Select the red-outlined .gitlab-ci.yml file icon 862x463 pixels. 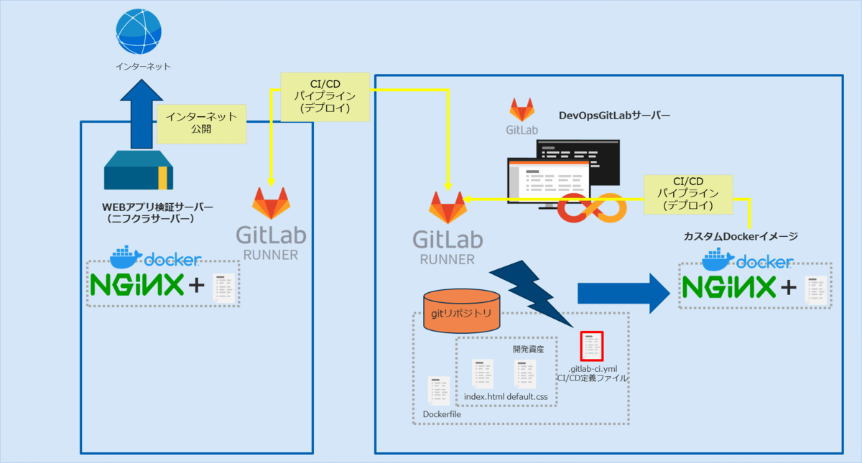pyautogui.click(x=592, y=347)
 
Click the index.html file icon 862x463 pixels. pyautogui.click(x=483, y=375)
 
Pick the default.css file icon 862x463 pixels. pyautogui.click(x=525, y=375)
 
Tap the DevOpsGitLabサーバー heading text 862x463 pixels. pyautogui.click(x=614, y=115)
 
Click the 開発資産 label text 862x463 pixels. pyautogui.click(x=529, y=350)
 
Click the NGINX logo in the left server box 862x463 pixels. pyautogui.click(x=136, y=286)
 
